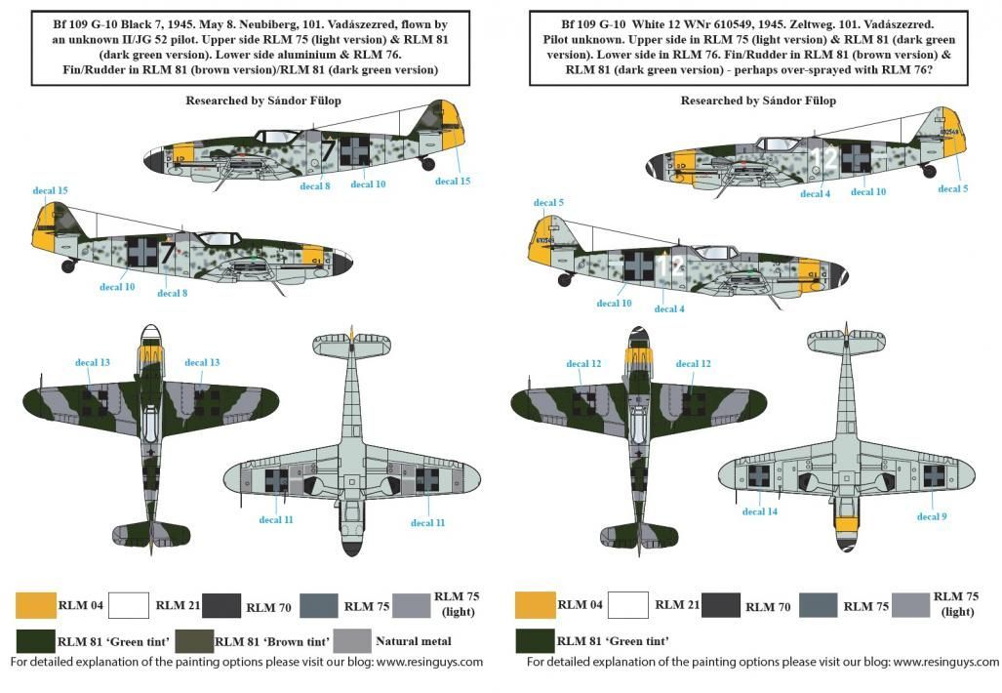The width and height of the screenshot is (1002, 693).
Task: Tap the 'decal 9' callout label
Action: tap(931, 516)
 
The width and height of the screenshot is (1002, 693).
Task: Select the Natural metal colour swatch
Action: tap(352, 641)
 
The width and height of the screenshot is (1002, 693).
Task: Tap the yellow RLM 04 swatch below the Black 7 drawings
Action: tap(35, 605)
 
